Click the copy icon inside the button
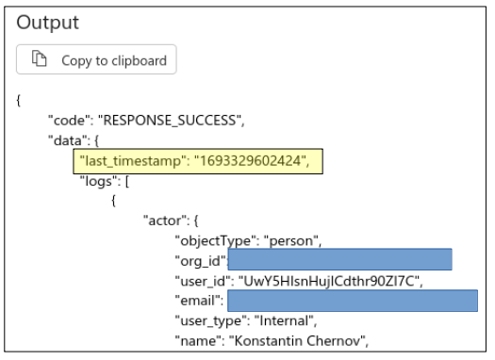click(x=40, y=60)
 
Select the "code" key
click(x=67, y=121)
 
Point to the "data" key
click(x=66, y=140)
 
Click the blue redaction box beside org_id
click(x=340, y=260)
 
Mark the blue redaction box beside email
click(x=352, y=301)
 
